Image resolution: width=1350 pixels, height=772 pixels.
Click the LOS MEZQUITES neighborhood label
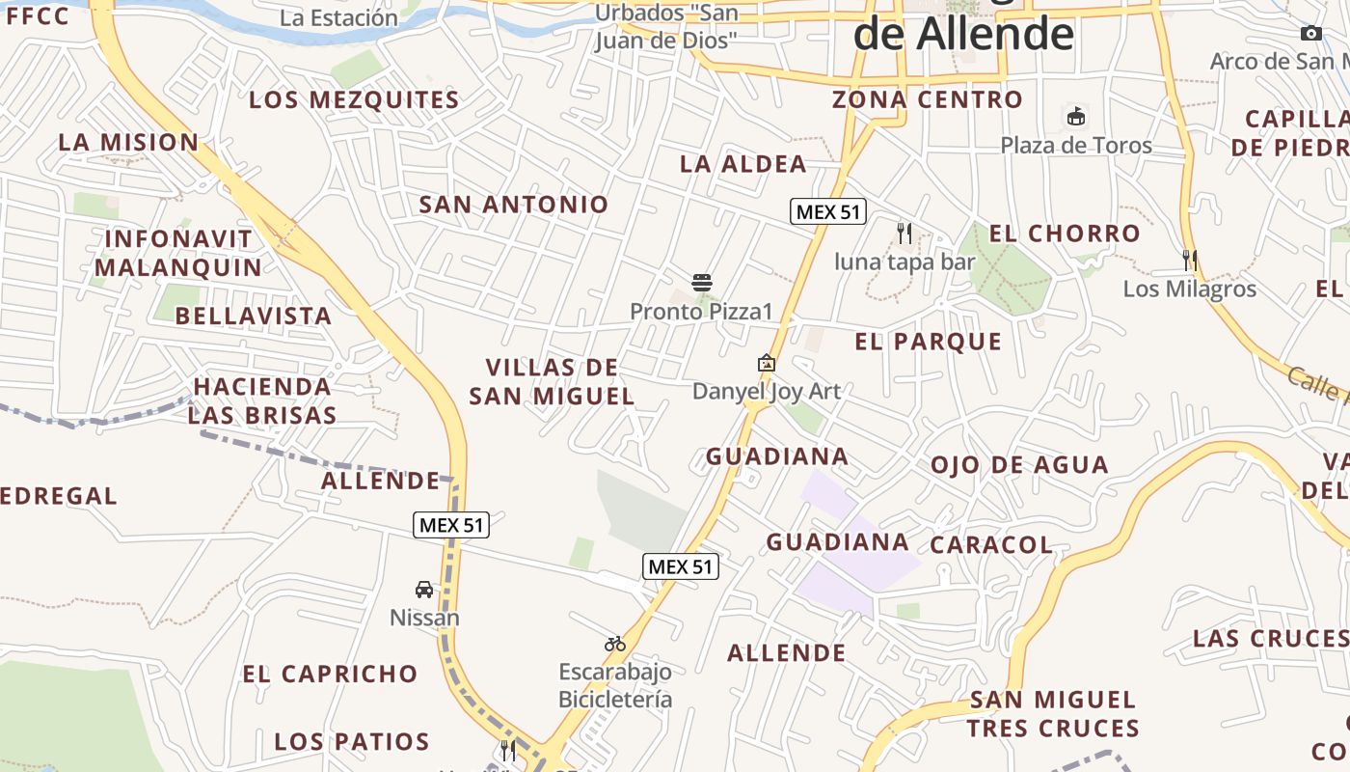(354, 100)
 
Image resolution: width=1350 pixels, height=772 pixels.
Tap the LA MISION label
(128, 142)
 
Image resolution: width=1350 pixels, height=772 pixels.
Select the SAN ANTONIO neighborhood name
(514, 205)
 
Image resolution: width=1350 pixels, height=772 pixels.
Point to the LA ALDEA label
(742, 164)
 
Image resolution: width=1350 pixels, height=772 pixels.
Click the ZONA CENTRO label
(927, 99)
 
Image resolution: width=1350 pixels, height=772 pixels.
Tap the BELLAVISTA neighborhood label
(254, 316)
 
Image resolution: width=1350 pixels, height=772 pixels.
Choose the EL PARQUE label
(929, 342)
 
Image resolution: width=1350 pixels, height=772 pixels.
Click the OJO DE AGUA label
(1019, 465)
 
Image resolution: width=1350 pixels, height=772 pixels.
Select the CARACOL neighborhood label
(991, 544)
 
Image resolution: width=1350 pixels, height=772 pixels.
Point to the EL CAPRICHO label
(330, 674)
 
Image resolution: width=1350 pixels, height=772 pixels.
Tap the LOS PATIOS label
(352, 742)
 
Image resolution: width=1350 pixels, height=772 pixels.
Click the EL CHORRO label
(1065, 234)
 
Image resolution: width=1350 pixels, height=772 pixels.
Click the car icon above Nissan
(423, 589)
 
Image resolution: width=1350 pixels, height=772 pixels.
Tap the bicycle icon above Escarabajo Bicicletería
(615, 643)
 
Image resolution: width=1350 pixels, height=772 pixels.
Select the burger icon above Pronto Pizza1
(702, 283)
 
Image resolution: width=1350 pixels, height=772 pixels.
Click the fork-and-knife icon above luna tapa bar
(904, 233)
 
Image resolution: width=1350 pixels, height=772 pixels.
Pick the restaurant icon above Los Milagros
(1190, 260)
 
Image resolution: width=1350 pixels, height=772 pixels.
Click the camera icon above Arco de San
(1310, 34)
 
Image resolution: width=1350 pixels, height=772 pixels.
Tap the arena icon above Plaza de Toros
(1075, 117)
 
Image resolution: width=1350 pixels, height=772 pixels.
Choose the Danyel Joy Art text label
(767, 392)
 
